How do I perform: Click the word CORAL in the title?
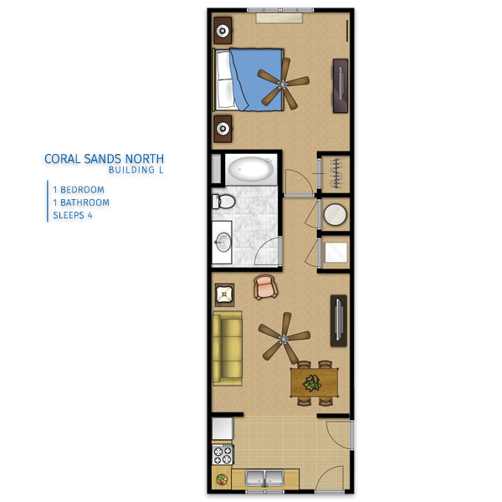(63, 159)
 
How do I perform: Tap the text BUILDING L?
(136, 170)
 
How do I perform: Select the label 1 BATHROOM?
(81, 202)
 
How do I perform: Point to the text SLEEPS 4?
(73, 215)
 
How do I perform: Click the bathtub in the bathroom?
(251, 169)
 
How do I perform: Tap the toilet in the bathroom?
(223, 202)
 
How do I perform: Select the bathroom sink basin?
(223, 243)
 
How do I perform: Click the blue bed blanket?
(256, 79)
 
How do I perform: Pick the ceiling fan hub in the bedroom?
(283, 85)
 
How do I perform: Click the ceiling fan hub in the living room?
(284, 338)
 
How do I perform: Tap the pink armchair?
(265, 287)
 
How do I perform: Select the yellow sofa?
(228, 348)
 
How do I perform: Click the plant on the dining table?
(312, 383)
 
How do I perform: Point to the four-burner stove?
(223, 455)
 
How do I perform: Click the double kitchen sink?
(264, 478)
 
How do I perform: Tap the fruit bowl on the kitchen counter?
(222, 479)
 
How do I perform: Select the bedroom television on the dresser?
(341, 85)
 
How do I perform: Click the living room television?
(339, 320)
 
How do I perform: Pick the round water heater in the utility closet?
(336, 214)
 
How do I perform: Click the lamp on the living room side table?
(224, 295)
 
